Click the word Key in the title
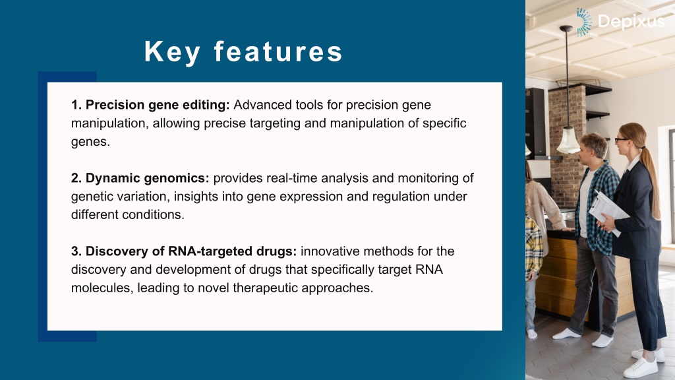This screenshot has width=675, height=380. click(172, 52)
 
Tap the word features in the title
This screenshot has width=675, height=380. click(278, 51)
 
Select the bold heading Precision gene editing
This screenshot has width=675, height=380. click(151, 105)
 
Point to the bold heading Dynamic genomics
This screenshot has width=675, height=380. click(140, 178)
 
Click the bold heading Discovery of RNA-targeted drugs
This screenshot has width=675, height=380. click(184, 251)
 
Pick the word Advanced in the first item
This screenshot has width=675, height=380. click(262, 105)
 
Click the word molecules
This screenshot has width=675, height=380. click(102, 288)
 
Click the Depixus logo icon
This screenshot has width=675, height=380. click(584, 22)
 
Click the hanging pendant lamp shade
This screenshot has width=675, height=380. click(568, 141)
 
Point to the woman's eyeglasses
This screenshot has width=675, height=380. click(621, 140)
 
